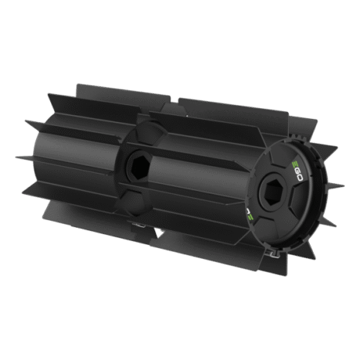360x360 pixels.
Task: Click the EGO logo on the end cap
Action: click(297, 171)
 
